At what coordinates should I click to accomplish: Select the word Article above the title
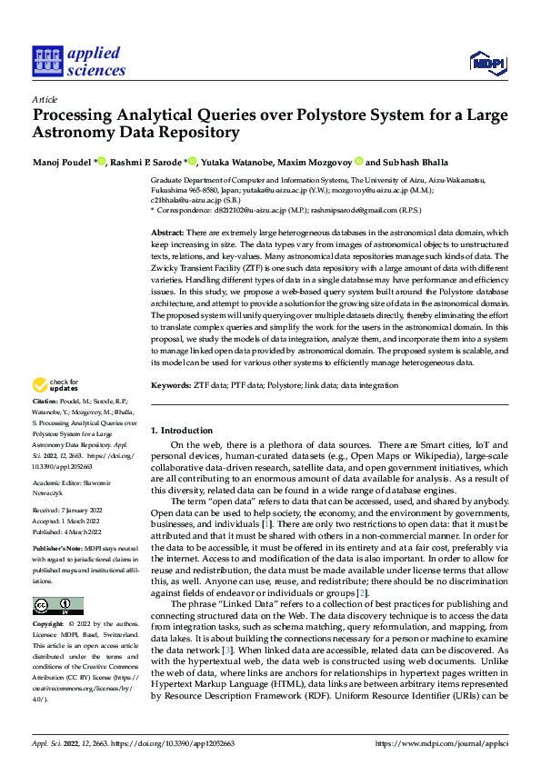coord(45,98)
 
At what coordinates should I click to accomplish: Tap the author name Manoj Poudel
coord(62,161)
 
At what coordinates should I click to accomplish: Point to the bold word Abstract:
coord(169,233)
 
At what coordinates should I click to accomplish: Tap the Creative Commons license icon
coord(57,581)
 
